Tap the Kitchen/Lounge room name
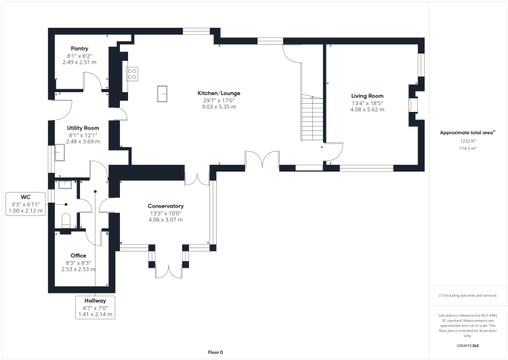point(219,93)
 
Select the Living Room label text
point(367,96)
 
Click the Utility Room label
point(83,127)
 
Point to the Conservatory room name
point(166,206)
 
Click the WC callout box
point(26,203)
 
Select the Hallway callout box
point(96,307)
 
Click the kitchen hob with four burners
point(131,73)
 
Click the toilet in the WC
point(66,220)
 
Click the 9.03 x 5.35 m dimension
point(219,107)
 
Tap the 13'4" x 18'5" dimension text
point(367,103)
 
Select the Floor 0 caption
point(215,353)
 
